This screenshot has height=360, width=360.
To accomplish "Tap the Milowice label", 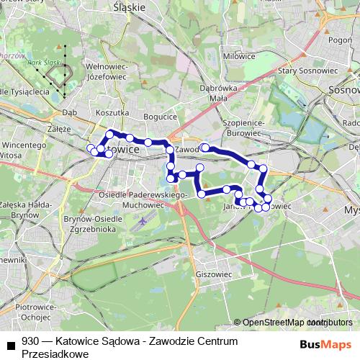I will click(x=239, y=55).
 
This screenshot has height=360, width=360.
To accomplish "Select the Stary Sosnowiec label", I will click(x=288, y=70).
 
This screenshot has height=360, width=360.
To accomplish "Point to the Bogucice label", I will click(x=160, y=116).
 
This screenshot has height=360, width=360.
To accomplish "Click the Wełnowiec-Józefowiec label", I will click(x=107, y=68).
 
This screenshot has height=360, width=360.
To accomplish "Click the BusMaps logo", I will click(x=325, y=343).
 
